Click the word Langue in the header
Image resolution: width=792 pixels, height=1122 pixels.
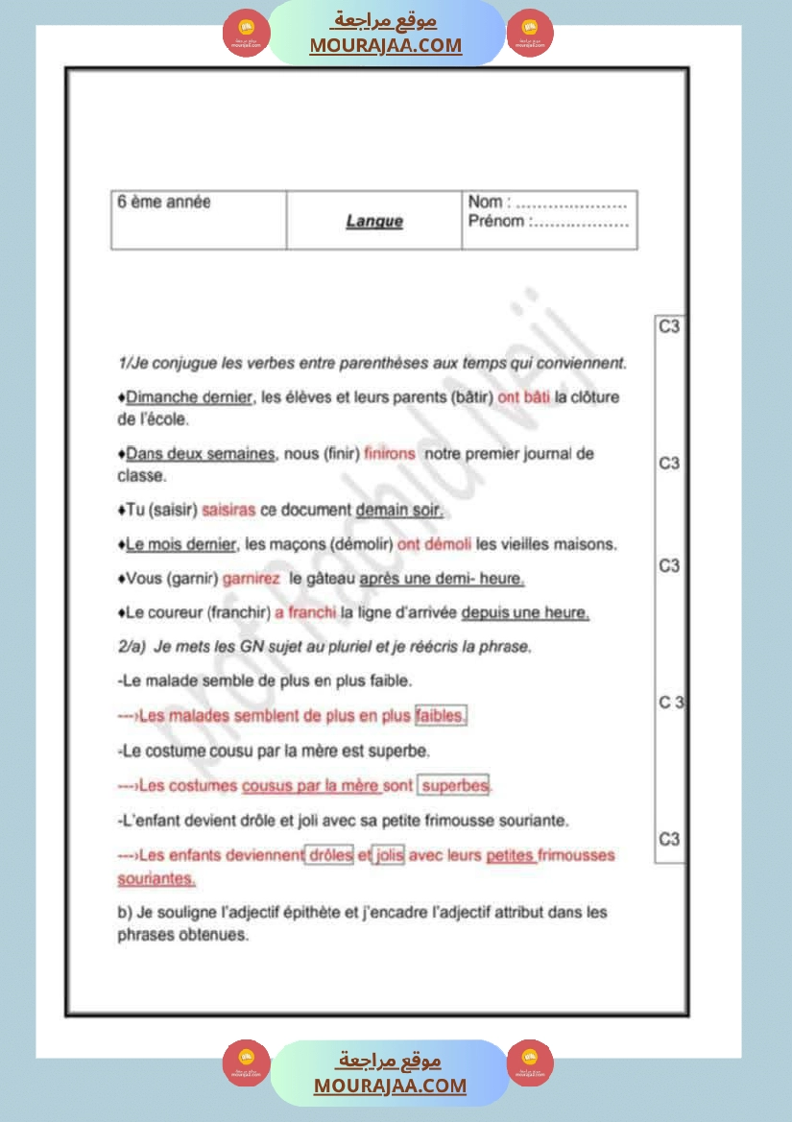click(374, 222)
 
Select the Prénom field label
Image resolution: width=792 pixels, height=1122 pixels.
click(496, 222)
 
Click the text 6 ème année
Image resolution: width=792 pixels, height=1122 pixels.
click(164, 203)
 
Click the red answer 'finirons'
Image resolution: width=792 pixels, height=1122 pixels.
click(390, 454)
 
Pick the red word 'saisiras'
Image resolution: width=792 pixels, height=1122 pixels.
click(228, 510)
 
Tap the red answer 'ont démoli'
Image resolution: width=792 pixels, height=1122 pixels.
click(435, 544)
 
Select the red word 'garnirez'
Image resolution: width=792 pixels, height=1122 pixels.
click(252, 580)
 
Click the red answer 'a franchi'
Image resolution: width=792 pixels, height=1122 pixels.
click(305, 612)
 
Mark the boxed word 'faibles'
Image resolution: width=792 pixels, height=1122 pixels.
click(441, 715)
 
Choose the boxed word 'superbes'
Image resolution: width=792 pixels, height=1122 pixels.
click(455, 786)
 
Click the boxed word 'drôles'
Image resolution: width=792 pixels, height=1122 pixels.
click(329, 855)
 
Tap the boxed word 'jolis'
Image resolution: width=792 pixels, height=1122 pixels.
click(389, 855)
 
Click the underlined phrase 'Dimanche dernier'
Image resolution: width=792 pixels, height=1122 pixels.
click(188, 397)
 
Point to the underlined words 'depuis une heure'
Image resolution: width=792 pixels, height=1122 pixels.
click(525, 612)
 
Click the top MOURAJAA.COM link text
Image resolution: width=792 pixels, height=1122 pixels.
click(386, 45)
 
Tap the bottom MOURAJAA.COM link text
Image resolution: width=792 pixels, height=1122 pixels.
click(390, 1086)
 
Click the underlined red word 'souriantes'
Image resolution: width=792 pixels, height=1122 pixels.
click(156, 878)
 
